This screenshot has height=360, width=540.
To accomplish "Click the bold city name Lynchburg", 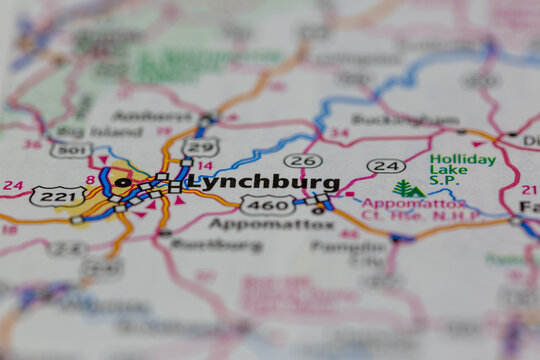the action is pos(263,183).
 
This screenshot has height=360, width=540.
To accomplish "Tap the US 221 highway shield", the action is pos(57,196).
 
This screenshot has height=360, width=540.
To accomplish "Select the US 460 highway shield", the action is pos(267,205).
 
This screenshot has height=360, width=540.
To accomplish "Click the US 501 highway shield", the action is pos(70,149).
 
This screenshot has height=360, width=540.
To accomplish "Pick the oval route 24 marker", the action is pos(385,165).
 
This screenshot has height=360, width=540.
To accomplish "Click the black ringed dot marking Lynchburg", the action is pos(123,183).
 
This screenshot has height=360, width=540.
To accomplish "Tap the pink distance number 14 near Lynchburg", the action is pos(205,166).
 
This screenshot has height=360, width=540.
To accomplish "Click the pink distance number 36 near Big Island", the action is pos(32,143).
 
